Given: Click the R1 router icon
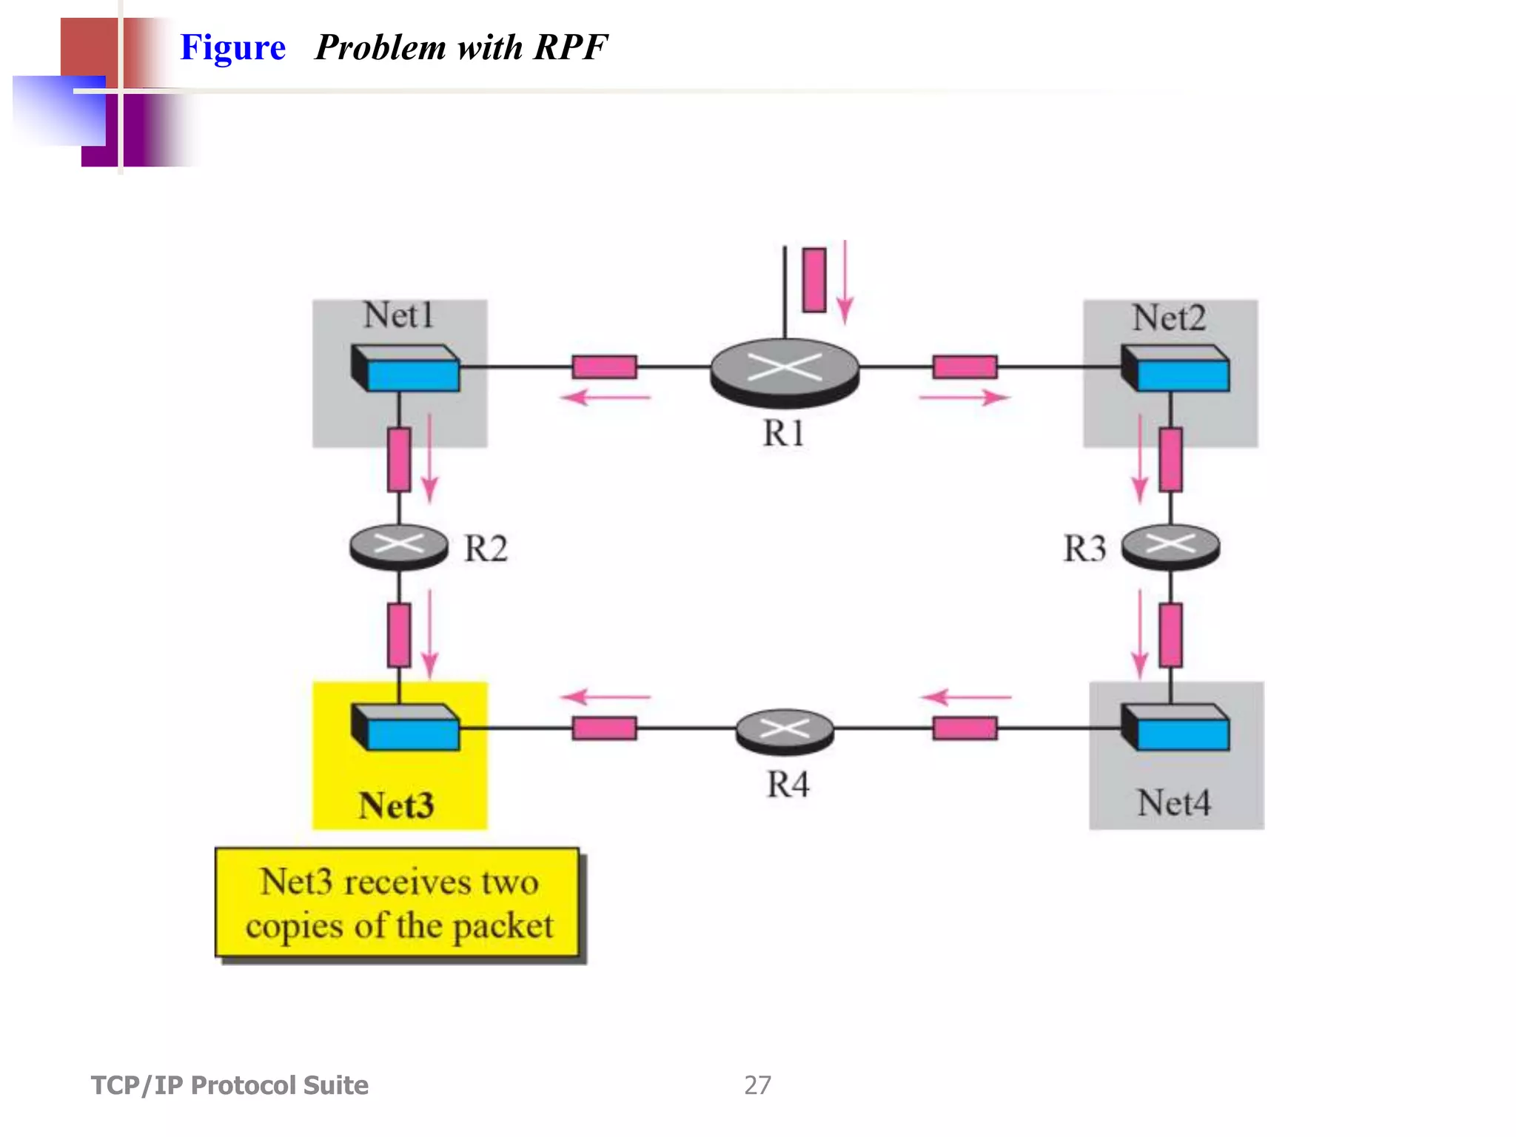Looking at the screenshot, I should pos(785,371).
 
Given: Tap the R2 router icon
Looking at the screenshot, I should pos(398,546).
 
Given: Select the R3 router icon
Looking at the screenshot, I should pos(1170,546).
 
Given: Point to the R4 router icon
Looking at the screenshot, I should pos(785,731).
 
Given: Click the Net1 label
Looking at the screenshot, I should pos(398,316).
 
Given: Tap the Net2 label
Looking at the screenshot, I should pos(1169,319).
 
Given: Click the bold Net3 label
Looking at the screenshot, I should pos(396,805).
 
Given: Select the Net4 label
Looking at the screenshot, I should pos(1174,803).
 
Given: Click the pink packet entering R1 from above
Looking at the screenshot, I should pos(814,280).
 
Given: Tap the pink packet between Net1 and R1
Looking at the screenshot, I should pos(604,367).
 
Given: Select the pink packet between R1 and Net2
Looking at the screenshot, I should pos(965,367).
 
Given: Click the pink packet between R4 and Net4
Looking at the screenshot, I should pos(965,728).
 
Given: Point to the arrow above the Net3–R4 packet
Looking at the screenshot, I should pos(606,697).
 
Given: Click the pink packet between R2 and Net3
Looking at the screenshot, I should pos(399,635).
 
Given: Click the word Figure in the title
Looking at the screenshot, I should pos(232,48).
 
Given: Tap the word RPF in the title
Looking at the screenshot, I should pos(570,48).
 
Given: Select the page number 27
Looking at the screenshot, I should pos(757,1085).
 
